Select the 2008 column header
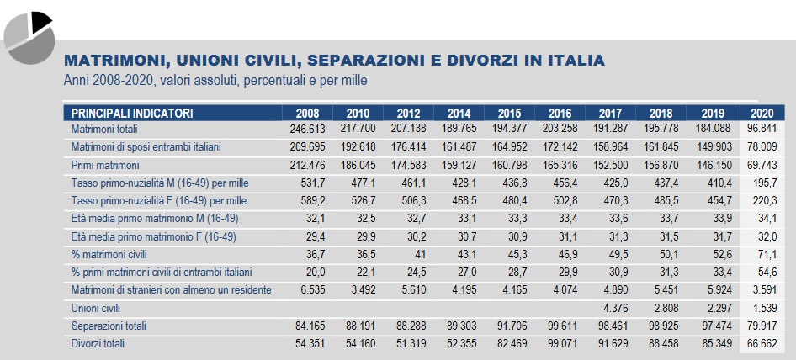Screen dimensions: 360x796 pos(307,113)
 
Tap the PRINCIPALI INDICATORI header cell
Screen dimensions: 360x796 pos(133,113)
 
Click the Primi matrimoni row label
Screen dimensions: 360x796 pos(105,165)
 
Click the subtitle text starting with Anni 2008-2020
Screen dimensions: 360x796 pos(215,81)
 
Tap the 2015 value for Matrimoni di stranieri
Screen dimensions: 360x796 pos(510,290)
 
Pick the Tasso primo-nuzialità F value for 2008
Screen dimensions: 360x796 pos(308,201)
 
